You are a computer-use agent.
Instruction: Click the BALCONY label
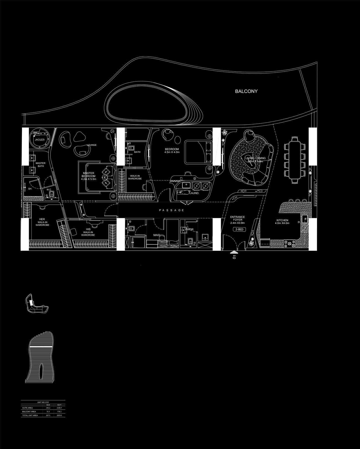point(246,91)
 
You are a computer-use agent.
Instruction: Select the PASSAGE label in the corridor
point(172,210)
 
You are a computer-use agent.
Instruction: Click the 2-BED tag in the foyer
point(240,229)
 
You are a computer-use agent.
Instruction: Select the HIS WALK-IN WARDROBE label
point(88,232)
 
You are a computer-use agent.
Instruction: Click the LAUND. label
point(194,193)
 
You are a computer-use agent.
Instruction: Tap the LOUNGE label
point(92,145)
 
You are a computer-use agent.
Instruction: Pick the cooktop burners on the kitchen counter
point(290,244)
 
